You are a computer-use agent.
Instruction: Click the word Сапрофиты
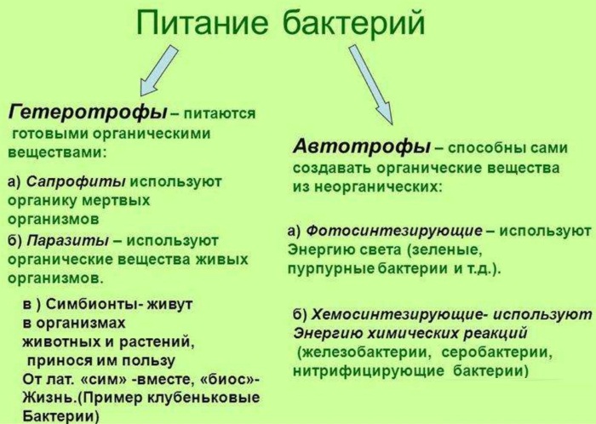(x=76, y=181)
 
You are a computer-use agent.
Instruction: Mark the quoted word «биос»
(x=226, y=378)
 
